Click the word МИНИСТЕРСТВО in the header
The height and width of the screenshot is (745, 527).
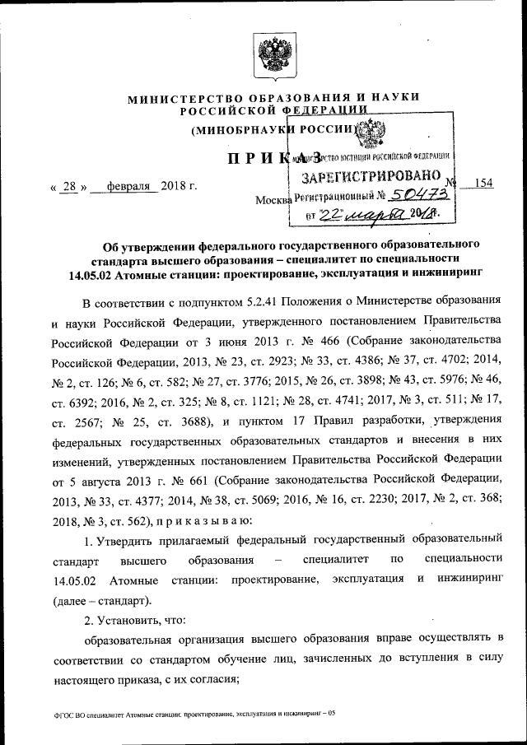(x=179, y=99)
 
